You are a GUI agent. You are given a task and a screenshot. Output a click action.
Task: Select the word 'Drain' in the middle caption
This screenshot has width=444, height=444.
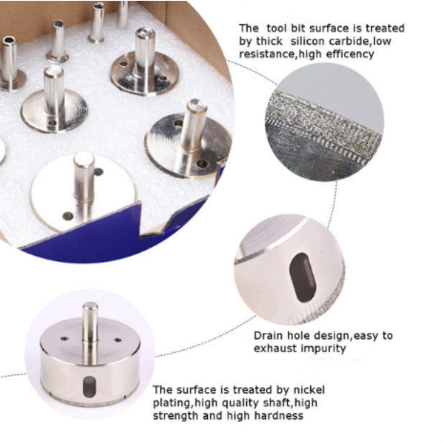pos(268,336)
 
